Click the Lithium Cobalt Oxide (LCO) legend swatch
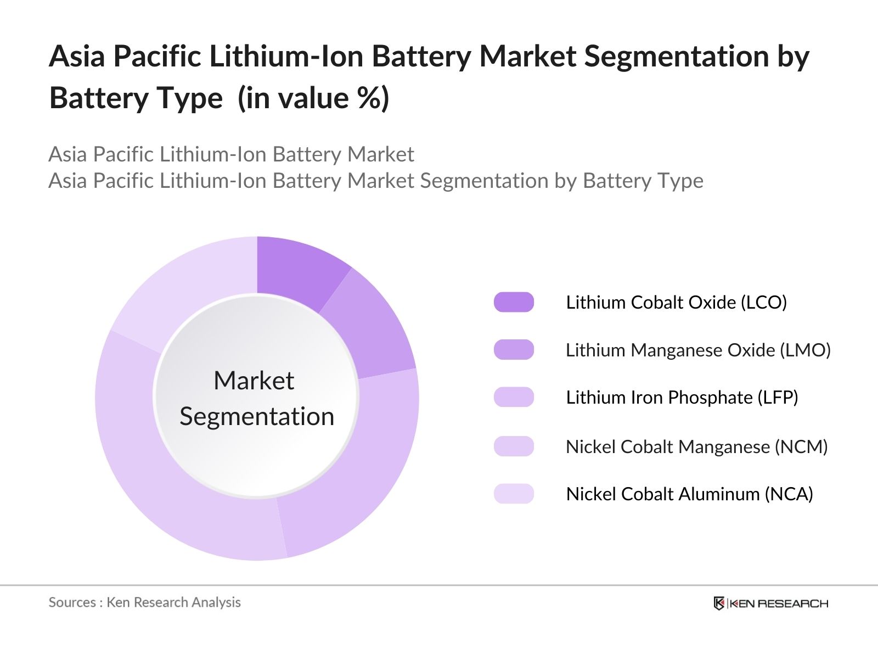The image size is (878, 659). click(x=514, y=302)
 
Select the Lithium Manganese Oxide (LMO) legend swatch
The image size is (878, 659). click(x=514, y=350)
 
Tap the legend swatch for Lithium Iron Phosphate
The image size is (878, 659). click(x=514, y=397)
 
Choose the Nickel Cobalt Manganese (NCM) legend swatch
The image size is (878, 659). click(x=514, y=446)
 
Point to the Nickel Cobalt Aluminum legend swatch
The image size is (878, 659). click(x=514, y=494)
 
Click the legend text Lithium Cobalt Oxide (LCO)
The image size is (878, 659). click(x=676, y=302)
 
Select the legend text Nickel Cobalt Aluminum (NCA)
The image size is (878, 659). click(x=689, y=494)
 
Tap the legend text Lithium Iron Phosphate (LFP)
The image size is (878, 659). click(x=682, y=397)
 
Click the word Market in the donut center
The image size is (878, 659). click(x=254, y=381)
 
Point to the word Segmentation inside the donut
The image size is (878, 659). click(x=257, y=416)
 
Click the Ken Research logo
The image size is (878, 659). click(x=770, y=603)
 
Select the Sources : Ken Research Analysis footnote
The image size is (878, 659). click(x=144, y=602)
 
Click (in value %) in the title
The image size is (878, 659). click(x=313, y=98)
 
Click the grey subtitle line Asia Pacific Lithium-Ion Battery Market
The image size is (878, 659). click(x=231, y=154)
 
